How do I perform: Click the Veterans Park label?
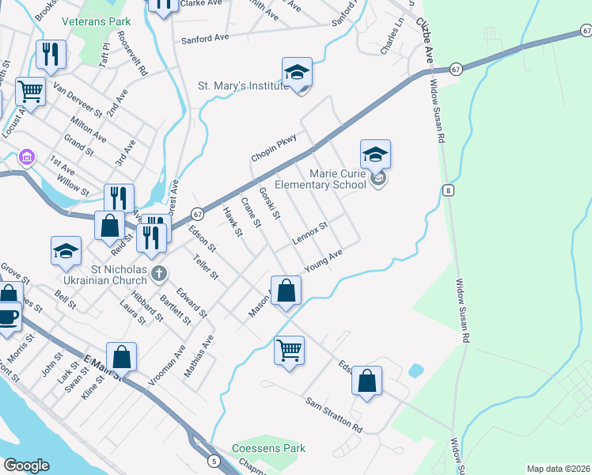click(97, 22)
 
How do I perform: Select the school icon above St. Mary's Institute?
click(298, 72)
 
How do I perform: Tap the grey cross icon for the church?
click(159, 274)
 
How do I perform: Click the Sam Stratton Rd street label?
click(334, 415)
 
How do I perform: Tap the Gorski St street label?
click(270, 202)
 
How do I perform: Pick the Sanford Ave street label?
click(205, 37)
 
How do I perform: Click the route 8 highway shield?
click(448, 190)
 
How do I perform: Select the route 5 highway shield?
click(214, 461)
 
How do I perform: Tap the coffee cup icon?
click(8, 317)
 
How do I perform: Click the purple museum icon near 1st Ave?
click(28, 157)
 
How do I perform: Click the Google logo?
click(26, 465)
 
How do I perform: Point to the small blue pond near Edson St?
click(415, 370)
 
